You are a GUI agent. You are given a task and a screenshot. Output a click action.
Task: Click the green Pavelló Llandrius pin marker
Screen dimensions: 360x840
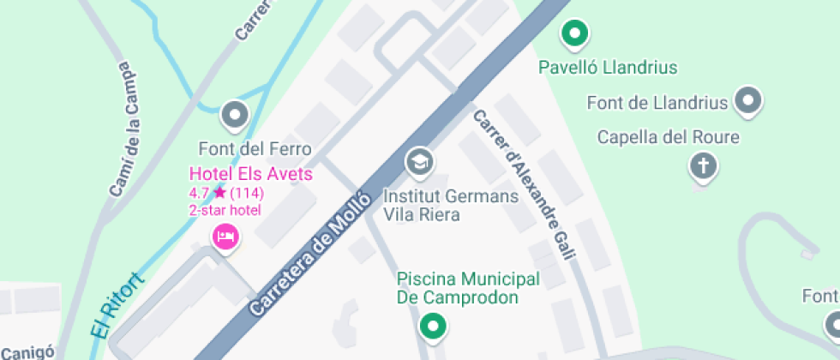[x=574, y=34]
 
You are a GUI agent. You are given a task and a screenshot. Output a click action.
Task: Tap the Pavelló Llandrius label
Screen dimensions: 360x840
[x=607, y=67]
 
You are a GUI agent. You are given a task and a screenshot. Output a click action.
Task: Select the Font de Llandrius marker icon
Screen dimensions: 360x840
[x=749, y=100]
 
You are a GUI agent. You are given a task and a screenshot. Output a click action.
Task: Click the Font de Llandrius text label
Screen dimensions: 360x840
[x=657, y=103]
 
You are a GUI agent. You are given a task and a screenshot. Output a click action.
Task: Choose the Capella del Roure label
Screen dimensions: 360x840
[x=668, y=137]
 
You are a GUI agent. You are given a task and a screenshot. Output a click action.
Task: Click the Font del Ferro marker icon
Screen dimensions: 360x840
[x=233, y=114]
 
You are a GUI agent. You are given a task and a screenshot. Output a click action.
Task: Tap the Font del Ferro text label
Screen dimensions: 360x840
[x=255, y=149]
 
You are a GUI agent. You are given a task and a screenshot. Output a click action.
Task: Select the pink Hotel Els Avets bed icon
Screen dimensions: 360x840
[x=225, y=235]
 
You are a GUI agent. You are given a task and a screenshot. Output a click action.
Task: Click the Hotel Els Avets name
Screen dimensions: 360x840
[x=250, y=174]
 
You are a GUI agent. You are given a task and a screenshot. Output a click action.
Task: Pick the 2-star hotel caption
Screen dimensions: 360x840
[x=225, y=210]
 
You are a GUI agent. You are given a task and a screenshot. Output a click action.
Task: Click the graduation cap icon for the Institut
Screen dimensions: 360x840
[x=419, y=161]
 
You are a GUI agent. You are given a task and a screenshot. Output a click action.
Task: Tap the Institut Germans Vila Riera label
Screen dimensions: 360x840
[x=451, y=206]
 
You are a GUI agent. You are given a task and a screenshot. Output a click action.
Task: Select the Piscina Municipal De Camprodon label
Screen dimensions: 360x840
[x=468, y=289]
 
